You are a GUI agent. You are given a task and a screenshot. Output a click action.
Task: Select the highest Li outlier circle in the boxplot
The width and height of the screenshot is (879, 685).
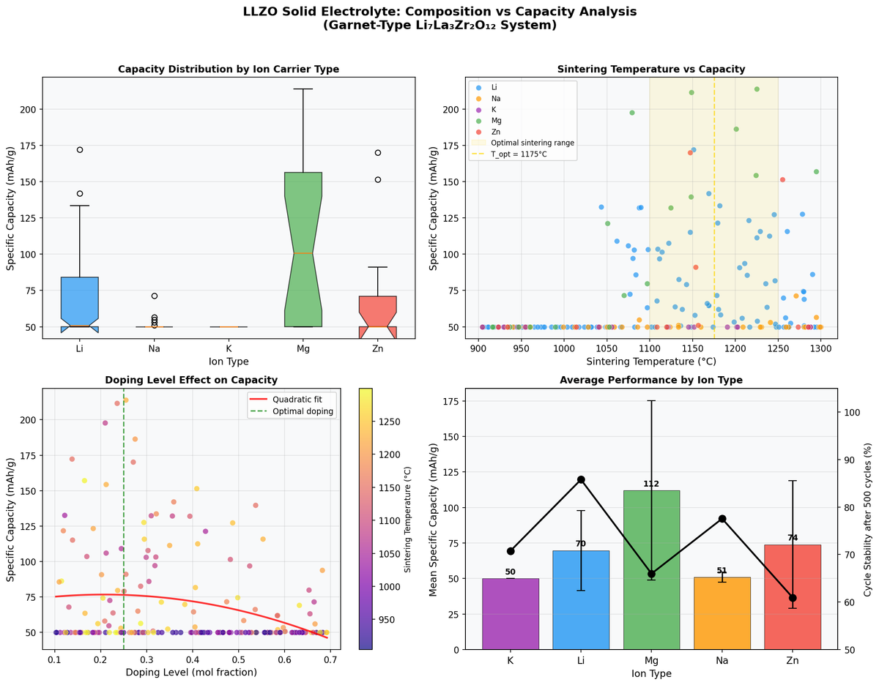coord(80,149)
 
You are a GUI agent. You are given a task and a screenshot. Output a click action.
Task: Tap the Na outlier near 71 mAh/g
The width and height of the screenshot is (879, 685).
coord(154,296)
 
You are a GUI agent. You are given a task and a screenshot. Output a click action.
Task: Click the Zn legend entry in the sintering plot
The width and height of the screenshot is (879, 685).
coord(497,131)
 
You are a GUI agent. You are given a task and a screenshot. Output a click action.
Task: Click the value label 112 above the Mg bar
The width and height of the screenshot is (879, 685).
coord(651,484)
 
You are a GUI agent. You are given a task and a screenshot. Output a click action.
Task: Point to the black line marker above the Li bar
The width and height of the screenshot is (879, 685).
coord(581,479)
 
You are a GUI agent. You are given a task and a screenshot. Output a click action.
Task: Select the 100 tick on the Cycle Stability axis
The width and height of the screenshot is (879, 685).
coord(851,412)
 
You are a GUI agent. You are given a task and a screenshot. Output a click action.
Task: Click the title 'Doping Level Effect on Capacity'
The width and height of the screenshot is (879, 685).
coord(191,380)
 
